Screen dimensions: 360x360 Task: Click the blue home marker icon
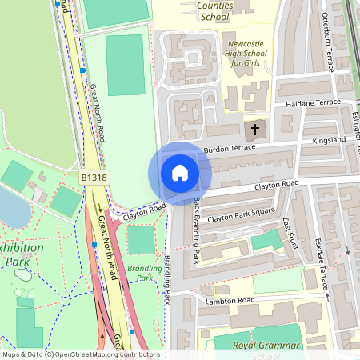tap(180, 172)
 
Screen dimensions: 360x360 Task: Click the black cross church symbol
tap(256, 129)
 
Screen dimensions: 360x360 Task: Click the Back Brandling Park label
tap(197, 233)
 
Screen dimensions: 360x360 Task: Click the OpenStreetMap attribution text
tap(81, 354)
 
